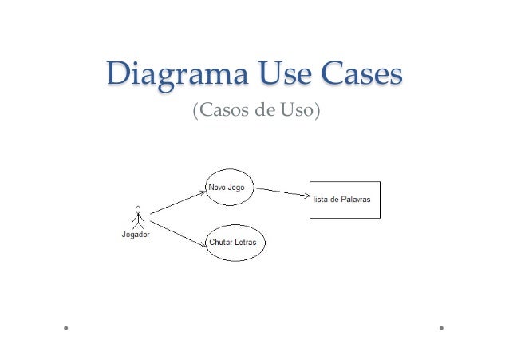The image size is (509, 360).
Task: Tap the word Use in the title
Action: [x=278, y=77]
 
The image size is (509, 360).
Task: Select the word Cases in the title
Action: [x=361, y=77]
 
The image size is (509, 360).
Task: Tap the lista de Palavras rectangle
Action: [x=345, y=199]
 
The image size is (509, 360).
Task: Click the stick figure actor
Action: [x=138, y=218]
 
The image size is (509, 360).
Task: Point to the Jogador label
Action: [x=136, y=235]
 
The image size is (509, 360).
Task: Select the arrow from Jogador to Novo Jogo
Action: [x=177, y=202]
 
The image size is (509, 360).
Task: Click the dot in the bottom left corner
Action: [x=67, y=327]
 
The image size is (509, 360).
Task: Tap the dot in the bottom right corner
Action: [x=440, y=327]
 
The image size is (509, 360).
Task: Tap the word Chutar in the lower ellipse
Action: [x=223, y=241]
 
